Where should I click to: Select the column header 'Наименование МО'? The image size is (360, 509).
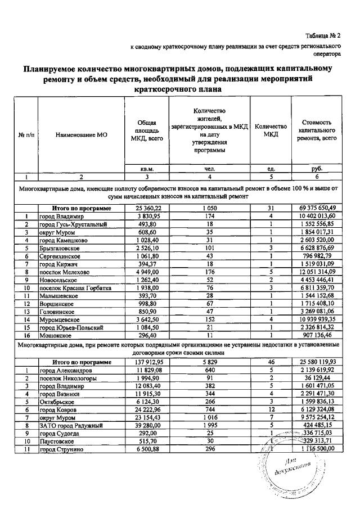point(82,136)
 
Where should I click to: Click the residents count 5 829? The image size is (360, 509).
point(211,362)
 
